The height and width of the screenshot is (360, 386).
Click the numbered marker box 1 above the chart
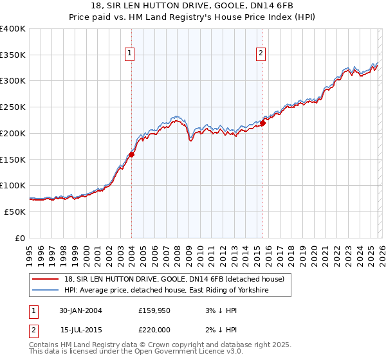tap(131, 53)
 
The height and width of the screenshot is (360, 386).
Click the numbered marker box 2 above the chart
tap(261, 53)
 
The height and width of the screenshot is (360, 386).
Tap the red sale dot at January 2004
tap(131, 154)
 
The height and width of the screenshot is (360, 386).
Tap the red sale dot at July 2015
tap(263, 123)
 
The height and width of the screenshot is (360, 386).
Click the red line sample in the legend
tap(46, 279)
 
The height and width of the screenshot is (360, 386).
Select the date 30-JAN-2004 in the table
tap(80, 310)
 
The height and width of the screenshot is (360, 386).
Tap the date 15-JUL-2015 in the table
tap(80, 330)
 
